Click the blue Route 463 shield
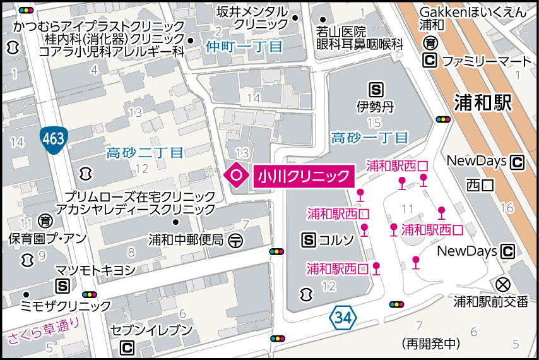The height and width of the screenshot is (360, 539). click(x=53, y=138)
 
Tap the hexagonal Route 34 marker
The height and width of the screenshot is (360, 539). click(x=341, y=318)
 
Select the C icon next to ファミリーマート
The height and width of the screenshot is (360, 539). click(x=430, y=61)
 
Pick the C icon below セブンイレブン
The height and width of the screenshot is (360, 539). click(x=127, y=347)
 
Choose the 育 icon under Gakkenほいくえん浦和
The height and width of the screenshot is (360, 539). click(x=430, y=44)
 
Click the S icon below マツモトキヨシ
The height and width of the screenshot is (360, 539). click(x=62, y=286)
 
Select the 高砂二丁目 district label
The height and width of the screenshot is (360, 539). click(x=145, y=152)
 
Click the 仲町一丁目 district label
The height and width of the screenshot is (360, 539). click(x=244, y=46)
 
